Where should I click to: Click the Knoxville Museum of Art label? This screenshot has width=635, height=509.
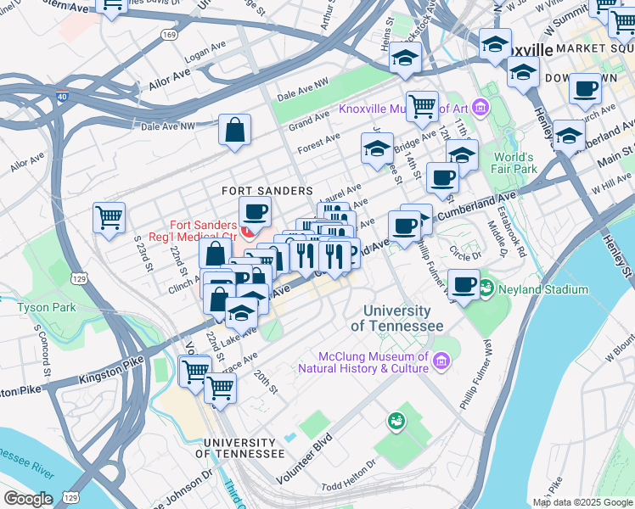(402, 109)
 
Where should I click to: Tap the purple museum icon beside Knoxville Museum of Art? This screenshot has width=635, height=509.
(480, 108)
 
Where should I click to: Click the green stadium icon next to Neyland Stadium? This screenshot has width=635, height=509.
(486, 288)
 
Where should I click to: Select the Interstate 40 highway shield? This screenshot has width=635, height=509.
(62, 96)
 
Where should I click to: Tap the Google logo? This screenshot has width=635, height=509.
(28, 499)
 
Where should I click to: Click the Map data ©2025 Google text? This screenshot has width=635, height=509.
(582, 502)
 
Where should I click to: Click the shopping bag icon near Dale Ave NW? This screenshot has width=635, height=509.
(234, 131)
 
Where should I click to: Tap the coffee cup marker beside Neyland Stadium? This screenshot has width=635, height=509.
(464, 285)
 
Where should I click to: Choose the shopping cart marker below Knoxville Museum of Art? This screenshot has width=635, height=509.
(422, 107)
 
